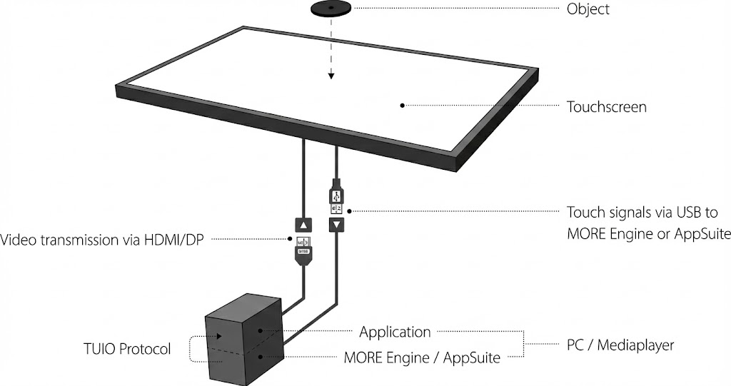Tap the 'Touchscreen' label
[606, 107]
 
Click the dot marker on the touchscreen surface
[402, 105]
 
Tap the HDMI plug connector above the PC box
[303, 251]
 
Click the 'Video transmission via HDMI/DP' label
[99, 238]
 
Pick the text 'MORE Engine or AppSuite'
[648, 234]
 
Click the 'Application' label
[395, 332]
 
